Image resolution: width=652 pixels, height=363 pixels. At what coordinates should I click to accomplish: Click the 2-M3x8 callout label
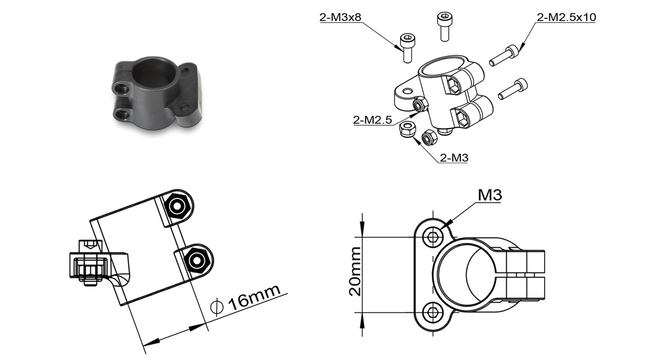tap(340, 17)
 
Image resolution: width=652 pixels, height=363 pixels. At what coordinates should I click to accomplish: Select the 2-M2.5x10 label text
tap(566, 17)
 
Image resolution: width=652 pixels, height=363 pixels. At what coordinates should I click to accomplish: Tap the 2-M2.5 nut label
tap(372, 120)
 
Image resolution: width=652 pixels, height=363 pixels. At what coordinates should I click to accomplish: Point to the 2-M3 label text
tap(454, 157)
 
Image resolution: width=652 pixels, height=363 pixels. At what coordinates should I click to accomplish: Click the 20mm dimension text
tap(355, 271)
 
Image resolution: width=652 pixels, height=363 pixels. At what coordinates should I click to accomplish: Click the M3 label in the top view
tap(490, 195)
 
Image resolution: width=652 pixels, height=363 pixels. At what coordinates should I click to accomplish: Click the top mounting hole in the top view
tap(433, 238)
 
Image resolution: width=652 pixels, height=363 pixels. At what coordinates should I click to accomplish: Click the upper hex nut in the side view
tap(176, 206)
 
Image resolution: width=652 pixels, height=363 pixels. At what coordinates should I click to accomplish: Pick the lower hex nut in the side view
tap(197, 260)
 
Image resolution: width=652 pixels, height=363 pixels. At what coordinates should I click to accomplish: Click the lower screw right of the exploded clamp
tap(513, 89)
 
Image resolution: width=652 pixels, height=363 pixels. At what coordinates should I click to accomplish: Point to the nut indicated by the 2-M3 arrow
tap(407, 129)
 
